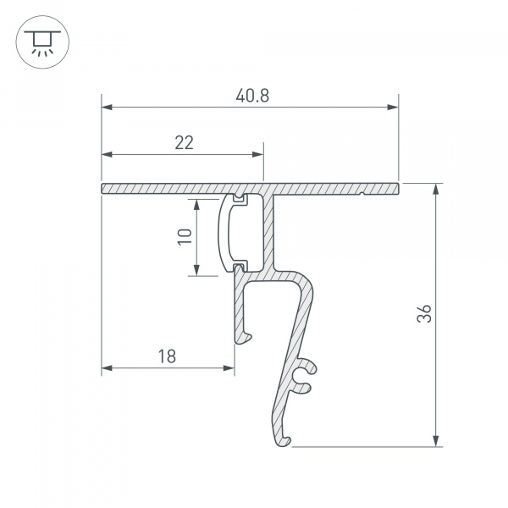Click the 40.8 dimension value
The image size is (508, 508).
[x=253, y=96]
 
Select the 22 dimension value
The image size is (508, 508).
[x=184, y=143]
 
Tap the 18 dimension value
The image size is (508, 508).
[x=166, y=356]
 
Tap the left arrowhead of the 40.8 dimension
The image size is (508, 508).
[x=108, y=108]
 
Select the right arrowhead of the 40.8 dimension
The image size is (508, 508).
[x=393, y=108]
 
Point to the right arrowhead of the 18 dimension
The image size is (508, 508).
[x=229, y=368]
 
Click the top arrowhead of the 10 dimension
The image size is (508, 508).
[x=196, y=204]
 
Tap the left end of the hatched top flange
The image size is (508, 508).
[x=105, y=187]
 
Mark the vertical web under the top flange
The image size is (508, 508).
[x=270, y=229]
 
